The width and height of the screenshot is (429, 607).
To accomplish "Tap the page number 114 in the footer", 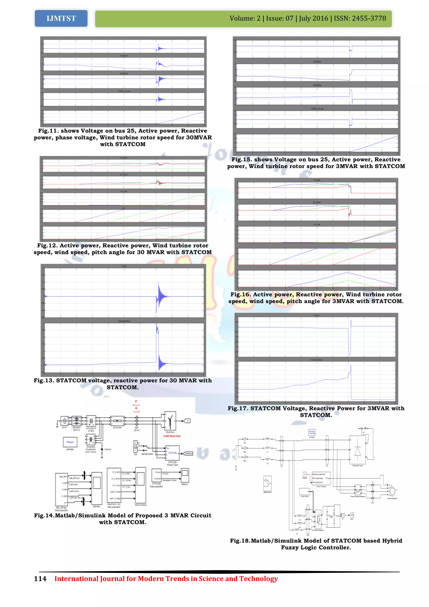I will [40, 578].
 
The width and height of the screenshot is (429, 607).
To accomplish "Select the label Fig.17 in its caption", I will [238, 408].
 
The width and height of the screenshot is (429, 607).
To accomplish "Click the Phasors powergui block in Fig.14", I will [70, 442].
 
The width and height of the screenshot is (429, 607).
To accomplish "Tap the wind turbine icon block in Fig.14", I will [170, 421].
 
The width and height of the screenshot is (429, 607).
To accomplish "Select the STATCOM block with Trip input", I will [172, 453].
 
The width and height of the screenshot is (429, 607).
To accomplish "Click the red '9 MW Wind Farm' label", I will [172, 436].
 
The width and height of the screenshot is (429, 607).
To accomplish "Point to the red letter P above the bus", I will [136, 401].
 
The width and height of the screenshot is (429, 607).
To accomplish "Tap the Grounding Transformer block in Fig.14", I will [91, 440].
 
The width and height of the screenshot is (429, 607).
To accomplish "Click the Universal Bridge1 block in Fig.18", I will [318, 518].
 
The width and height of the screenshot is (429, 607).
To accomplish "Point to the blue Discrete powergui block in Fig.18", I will [312, 433].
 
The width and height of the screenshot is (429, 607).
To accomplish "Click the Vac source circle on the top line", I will [245, 439].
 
